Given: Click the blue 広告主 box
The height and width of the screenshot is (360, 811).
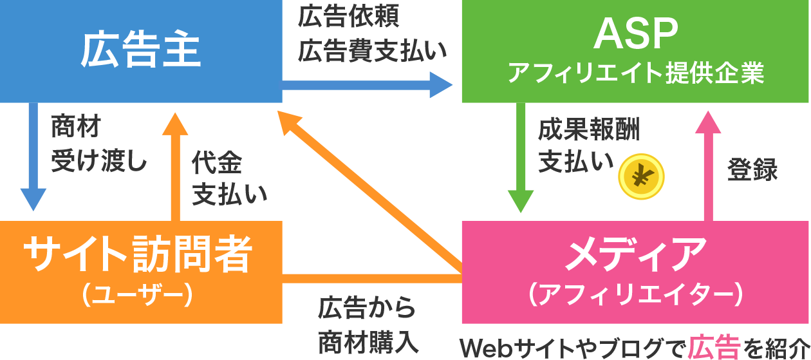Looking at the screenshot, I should tap(141, 52).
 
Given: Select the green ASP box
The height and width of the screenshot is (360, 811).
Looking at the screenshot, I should tap(635, 52).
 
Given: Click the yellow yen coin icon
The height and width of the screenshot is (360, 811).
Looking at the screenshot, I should tap(640, 176).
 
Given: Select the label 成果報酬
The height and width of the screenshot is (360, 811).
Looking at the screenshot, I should tap(589, 130).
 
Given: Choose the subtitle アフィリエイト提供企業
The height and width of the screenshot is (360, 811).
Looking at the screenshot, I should tap(635, 74).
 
